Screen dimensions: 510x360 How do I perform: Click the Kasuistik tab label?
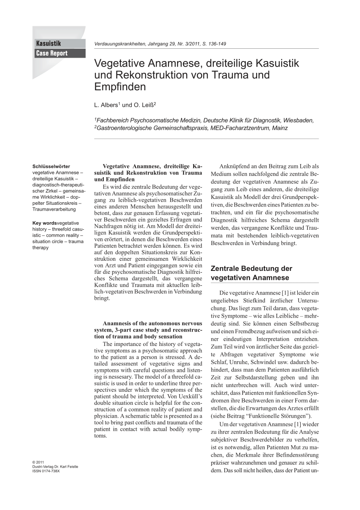49,43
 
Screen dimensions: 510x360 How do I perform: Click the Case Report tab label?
52,53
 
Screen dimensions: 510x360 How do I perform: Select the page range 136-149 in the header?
215,44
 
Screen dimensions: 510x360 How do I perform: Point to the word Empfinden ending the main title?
120,87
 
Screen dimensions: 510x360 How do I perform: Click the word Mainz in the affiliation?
279,128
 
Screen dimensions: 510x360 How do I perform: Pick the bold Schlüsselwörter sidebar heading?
51,167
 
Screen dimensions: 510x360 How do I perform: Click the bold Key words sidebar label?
44,223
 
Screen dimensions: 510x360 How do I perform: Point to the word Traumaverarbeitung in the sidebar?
54,209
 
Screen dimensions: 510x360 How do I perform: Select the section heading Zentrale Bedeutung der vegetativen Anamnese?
252,273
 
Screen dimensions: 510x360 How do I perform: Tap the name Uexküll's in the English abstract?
191,396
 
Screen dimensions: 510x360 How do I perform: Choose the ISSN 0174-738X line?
46,471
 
